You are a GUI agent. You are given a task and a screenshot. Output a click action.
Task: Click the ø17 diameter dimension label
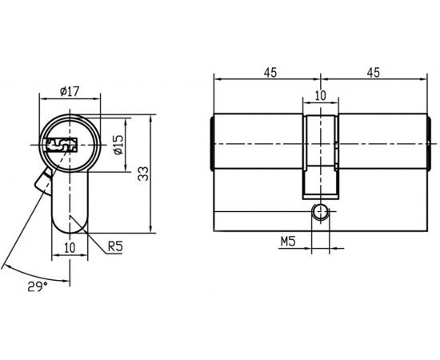pyautogui.click(x=70, y=91)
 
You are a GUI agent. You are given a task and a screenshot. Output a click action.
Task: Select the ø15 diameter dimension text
pyautogui.click(x=118, y=145)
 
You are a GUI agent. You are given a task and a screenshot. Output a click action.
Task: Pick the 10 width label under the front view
pyautogui.click(x=70, y=247)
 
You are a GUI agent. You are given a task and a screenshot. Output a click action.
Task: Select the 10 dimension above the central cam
pyautogui.click(x=320, y=95)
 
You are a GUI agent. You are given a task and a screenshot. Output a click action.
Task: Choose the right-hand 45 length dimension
pyautogui.click(x=373, y=72)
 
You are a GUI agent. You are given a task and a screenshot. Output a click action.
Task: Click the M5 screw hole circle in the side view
pyautogui.click(x=321, y=212)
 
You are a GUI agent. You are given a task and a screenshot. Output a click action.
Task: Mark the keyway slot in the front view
pyautogui.click(x=60, y=146)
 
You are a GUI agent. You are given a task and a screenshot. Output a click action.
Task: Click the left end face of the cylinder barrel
pyautogui.click(x=213, y=144)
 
